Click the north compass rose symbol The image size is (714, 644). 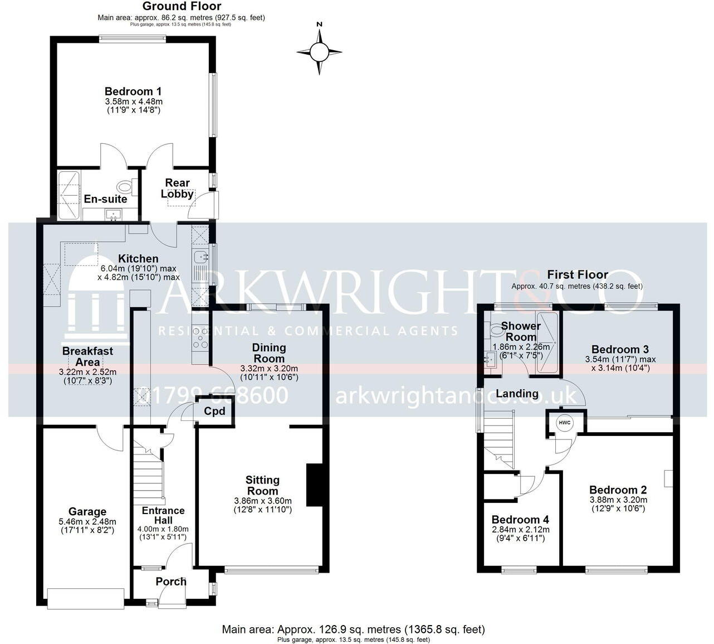319,52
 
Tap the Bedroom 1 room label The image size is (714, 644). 133,91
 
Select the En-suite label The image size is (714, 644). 105,199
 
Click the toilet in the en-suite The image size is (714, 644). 125,186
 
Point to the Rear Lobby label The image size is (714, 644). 177,188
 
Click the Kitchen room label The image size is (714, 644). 138,259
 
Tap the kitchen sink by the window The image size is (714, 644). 199,257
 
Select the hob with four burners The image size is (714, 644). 200,338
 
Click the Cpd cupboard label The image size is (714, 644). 214,411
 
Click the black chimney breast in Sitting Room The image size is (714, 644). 314,484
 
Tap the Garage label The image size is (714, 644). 87,512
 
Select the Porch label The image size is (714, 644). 171,582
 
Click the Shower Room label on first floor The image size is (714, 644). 521,331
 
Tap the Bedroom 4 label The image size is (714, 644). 516,520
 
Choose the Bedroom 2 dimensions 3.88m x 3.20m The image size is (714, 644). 618,501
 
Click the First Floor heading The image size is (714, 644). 577,274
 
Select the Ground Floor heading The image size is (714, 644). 182,7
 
